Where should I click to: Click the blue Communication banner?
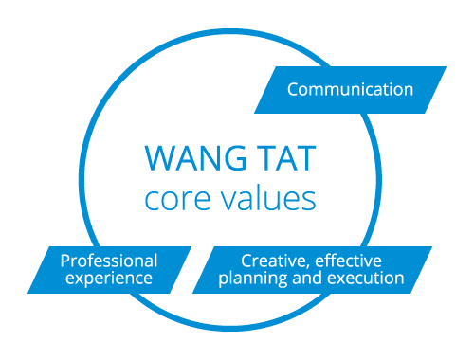coord(351,90)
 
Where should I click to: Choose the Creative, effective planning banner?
coord(322,269)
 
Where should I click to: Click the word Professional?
coord(109,260)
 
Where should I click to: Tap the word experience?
coord(105,279)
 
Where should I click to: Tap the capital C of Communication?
coord(293,90)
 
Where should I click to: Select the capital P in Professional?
coord(64,260)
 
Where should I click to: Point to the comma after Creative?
coord(307,264)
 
